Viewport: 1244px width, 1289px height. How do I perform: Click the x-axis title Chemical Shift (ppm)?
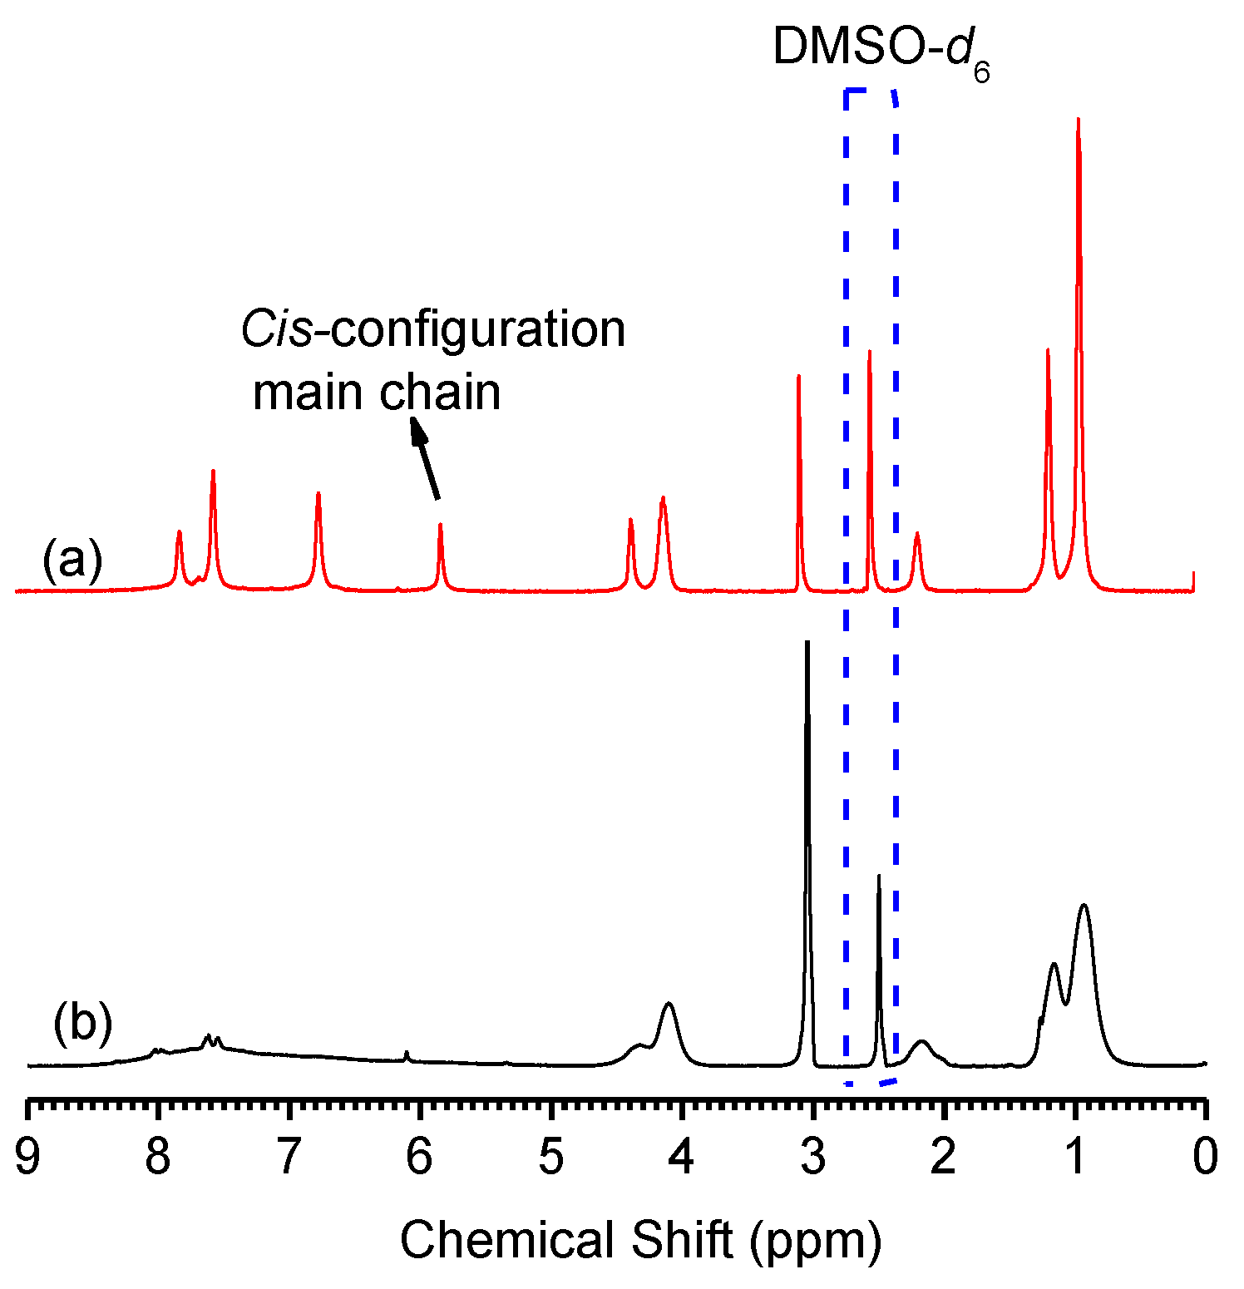(640, 1241)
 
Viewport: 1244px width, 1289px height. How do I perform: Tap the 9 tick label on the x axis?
(27, 1157)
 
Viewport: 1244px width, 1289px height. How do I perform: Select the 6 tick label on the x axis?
(419, 1157)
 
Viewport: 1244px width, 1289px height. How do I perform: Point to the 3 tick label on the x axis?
(812, 1157)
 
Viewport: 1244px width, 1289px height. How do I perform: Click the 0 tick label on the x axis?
(1205, 1157)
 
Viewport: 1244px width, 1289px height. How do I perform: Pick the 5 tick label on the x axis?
(550, 1157)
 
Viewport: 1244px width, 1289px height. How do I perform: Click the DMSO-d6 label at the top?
(881, 48)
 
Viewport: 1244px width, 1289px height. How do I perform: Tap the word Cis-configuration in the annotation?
(432, 329)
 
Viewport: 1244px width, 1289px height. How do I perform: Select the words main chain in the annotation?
(377, 393)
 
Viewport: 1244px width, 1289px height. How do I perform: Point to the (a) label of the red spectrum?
(72, 559)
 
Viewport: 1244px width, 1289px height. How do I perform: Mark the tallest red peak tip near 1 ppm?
(1078, 119)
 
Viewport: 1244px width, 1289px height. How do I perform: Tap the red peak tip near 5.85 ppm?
(440, 524)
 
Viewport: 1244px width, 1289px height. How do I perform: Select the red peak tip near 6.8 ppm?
(318, 493)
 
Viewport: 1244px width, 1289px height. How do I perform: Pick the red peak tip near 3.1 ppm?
(798, 376)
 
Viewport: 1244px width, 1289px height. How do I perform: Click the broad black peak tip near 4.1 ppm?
(669, 1004)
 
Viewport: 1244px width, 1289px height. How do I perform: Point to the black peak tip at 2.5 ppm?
(878, 876)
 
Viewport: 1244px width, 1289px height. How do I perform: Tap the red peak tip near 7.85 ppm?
(179, 531)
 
